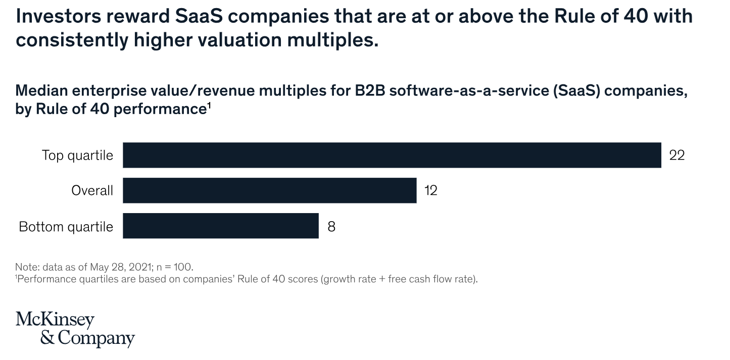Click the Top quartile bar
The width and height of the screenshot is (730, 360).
point(392,155)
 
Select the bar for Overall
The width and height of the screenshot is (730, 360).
point(269,190)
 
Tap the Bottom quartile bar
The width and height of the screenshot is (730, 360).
point(220,226)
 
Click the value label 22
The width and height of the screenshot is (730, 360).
point(676,156)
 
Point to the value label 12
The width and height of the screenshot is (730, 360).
point(430,191)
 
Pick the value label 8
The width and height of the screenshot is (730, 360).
point(331,226)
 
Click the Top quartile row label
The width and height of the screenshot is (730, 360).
point(77,156)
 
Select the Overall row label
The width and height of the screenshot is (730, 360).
point(92,191)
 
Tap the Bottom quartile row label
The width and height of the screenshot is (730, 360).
point(66,227)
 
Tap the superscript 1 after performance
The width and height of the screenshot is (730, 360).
point(208,105)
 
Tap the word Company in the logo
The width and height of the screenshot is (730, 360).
point(96,338)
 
